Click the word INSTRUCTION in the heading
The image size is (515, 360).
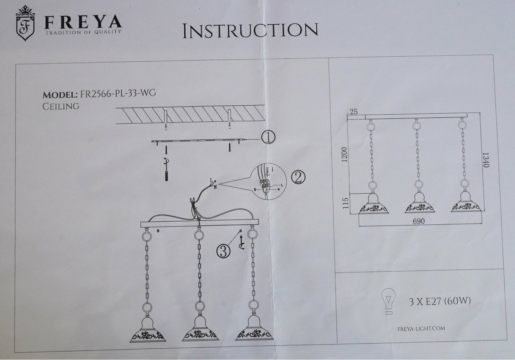tap(250, 30)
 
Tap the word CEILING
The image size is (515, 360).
tap(61, 106)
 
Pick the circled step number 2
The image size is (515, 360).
tap(298, 177)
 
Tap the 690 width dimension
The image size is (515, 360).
tap(419, 221)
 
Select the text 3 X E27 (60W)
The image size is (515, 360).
tap(440, 302)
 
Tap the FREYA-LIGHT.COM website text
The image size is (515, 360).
tap(421, 328)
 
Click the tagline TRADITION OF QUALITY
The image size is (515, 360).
tap(83, 32)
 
